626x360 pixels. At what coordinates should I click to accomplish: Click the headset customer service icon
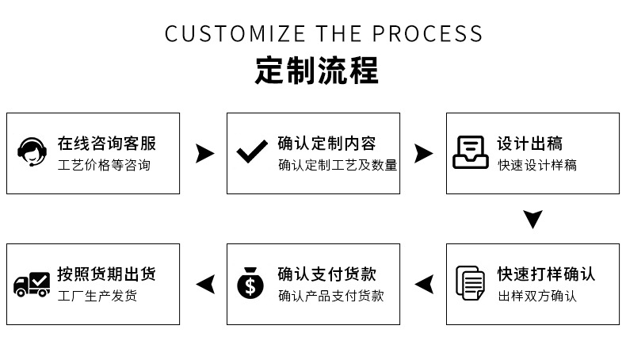click(32, 151)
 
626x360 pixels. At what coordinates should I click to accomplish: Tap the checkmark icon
click(252, 151)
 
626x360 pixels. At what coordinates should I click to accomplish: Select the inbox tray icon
click(471, 152)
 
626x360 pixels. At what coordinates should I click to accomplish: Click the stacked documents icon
click(471, 283)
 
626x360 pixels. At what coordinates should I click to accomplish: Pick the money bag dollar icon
click(250, 283)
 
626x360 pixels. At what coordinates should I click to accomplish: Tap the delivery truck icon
click(32, 284)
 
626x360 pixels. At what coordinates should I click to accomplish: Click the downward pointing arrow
click(533, 219)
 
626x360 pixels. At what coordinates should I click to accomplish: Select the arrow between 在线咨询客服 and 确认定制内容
click(204, 153)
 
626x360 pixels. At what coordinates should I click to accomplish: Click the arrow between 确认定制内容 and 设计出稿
click(424, 153)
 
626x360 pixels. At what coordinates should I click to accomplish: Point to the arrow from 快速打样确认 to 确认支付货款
click(425, 284)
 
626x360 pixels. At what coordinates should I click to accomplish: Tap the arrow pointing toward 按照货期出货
click(205, 284)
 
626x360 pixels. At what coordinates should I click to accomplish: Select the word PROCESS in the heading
click(427, 33)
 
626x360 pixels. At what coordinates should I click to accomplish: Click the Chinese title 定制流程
click(317, 71)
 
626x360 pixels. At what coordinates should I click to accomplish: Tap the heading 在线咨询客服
click(107, 144)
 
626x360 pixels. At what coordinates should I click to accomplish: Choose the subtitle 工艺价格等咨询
click(104, 165)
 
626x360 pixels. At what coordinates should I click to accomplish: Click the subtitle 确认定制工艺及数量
click(338, 165)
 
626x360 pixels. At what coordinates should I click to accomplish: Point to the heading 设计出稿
click(530, 144)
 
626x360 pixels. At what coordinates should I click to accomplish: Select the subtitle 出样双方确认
click(537, 296)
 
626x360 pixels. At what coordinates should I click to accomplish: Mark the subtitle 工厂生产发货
click(97, 296)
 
